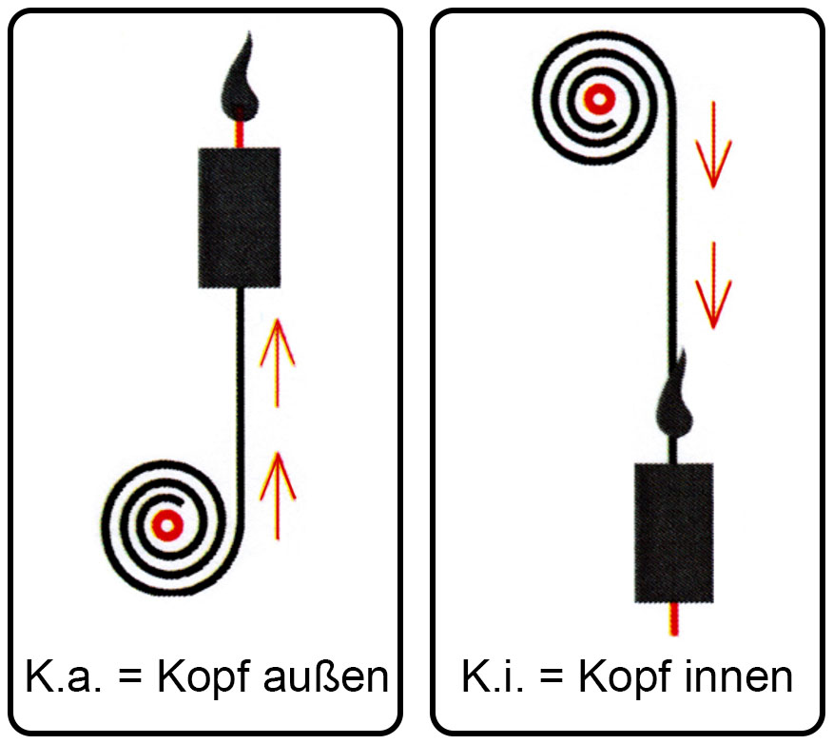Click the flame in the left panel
coord(241,85)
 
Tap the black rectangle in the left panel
coord(240,218)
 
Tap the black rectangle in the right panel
coord(674,533)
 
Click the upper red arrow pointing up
coord(277,363)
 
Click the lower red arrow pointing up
coord(278,496)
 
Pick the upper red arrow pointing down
coord(713,145)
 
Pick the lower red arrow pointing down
coord(713,285)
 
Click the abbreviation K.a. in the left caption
coord(63,676)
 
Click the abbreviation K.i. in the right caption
coord(493,676)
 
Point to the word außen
coord(326,676)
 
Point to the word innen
coord(739,676)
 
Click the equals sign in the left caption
coord(129,678)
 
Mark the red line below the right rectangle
coord(674,619)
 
